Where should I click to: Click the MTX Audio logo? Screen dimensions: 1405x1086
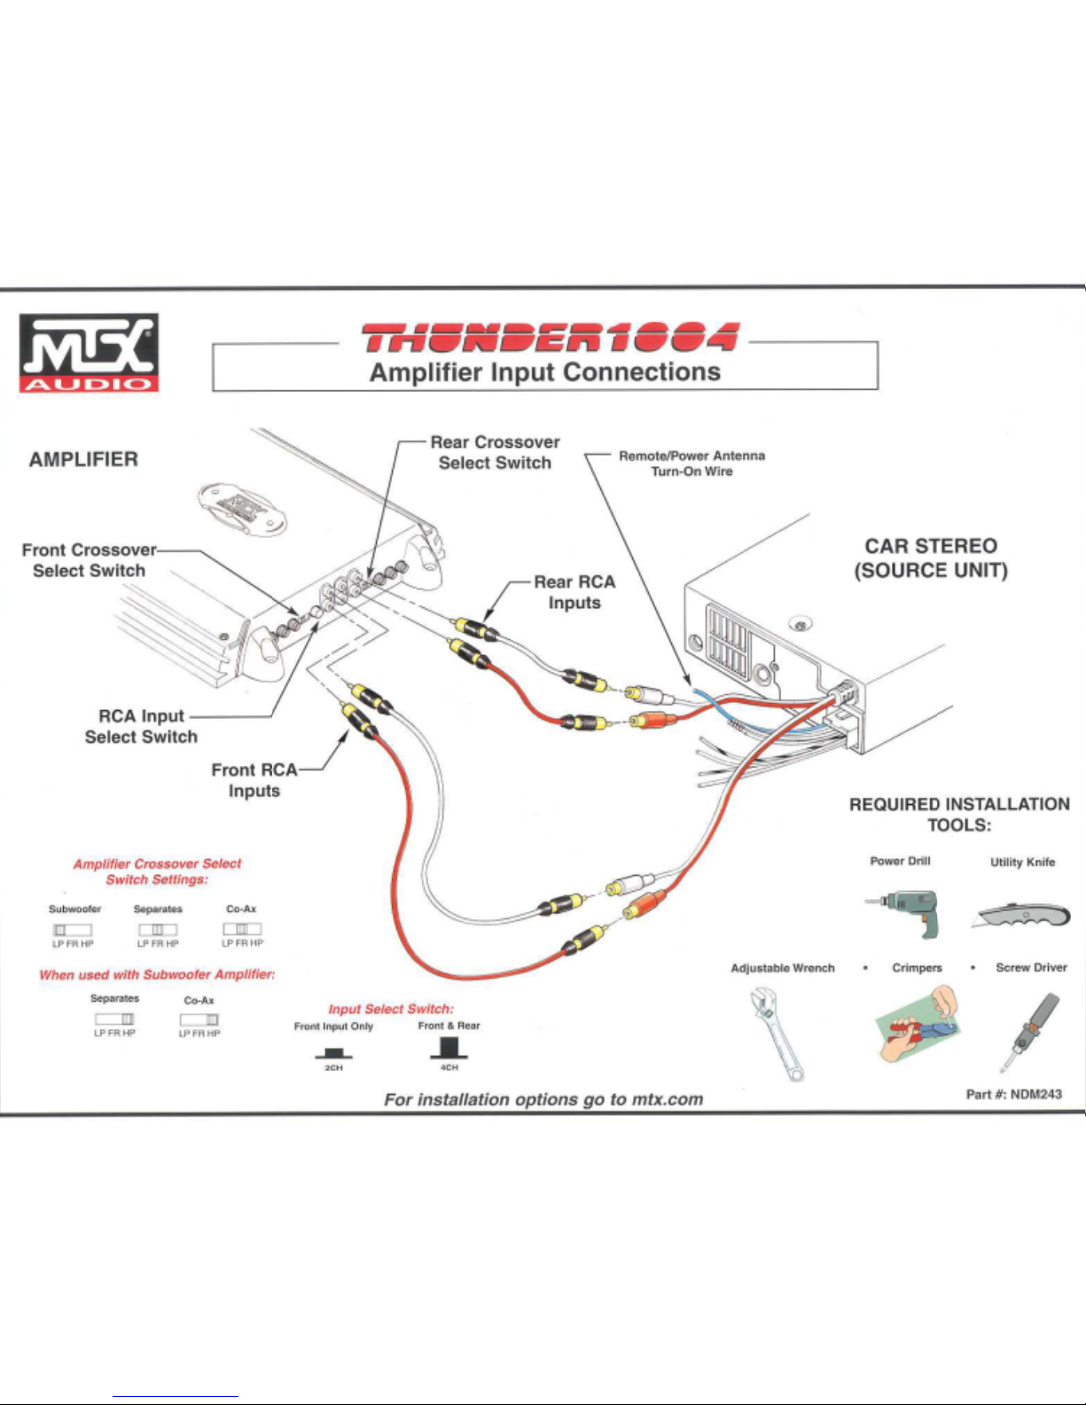tap(89, 352)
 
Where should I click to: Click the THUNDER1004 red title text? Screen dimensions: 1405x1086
tap(549, 338)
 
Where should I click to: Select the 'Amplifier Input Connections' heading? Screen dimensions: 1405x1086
tap(544, 372)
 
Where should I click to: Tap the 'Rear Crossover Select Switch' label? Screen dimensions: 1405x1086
tap(495, 452)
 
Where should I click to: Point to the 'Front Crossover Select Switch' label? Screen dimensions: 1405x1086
tap(89, 560)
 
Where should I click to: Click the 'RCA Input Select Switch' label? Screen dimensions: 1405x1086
tap(141, 726)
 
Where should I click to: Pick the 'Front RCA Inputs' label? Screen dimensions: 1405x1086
tap(254, 780)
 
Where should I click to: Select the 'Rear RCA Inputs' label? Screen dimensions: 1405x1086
tap(574, 592)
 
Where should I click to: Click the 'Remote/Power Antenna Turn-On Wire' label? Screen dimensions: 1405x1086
tap(691, 463)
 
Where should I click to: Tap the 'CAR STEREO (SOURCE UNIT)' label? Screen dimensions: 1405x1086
tap(931, 558)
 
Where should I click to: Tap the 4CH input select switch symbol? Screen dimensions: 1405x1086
tap(449, 1048)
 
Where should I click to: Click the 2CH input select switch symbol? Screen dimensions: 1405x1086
tap(333, 1052)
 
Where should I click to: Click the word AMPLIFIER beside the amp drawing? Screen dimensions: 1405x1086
tap(83, 459)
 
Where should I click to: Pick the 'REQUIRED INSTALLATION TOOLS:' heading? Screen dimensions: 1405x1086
tap(959, 814)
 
